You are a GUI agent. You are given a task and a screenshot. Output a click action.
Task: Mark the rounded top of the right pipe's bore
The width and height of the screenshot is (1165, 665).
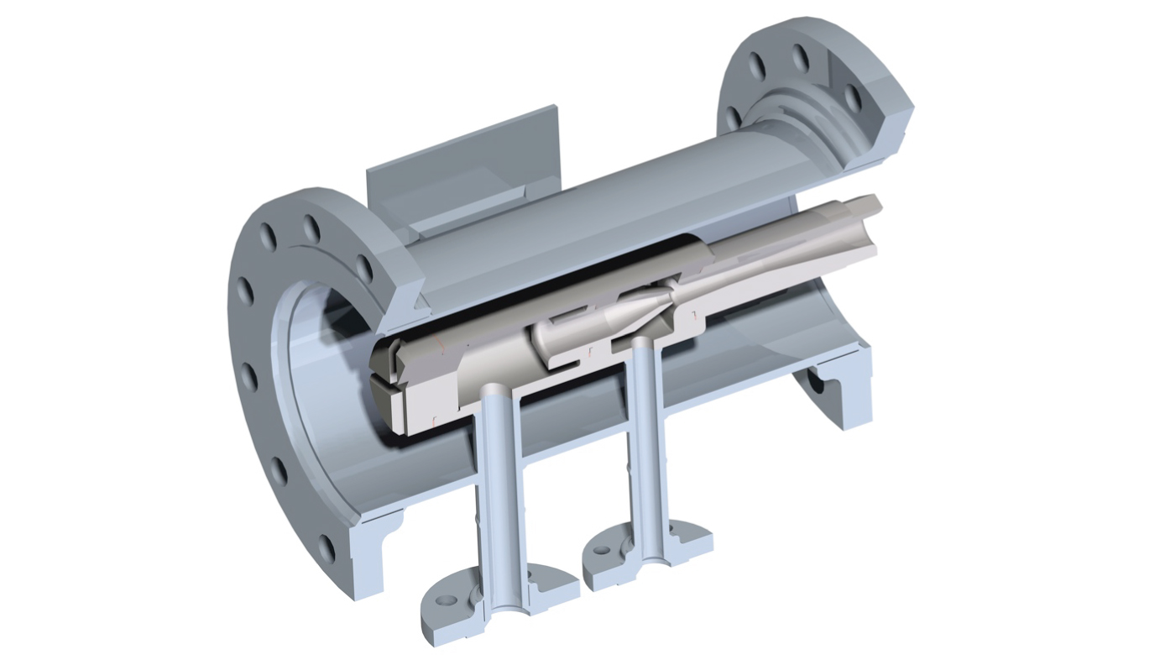[x=642, y=343]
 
